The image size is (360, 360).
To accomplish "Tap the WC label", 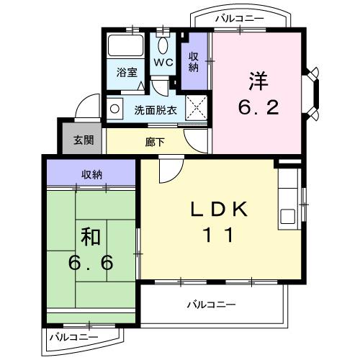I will [163, 63].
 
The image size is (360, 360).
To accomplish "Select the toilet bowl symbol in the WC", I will [163, 45].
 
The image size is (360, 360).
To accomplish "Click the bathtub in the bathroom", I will [125, 48].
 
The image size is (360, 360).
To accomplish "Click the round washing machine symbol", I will [115, 109].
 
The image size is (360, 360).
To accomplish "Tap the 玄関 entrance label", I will [83, 140].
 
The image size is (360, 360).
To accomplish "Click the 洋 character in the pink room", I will [258, 79].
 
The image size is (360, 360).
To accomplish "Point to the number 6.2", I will [258, 109].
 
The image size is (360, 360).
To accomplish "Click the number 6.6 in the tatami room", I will [91, 263].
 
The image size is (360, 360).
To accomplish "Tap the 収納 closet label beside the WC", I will [194, 62].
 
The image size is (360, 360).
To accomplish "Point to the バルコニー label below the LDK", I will [211, 305].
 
